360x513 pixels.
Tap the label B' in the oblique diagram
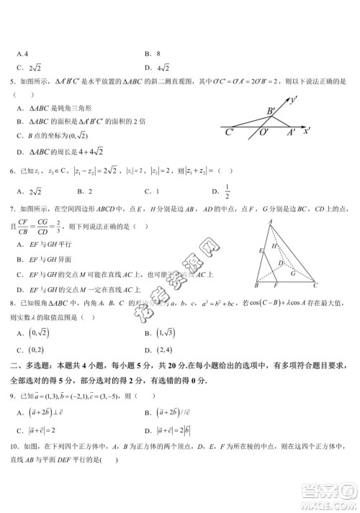[x=271, y=111]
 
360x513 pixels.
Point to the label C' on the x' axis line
[x=229, y=132]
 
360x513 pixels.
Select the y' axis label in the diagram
[x=294, y=100]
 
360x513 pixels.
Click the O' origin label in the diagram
[x=264, y=133]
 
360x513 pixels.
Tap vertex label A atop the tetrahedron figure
[x=269, y=222]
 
